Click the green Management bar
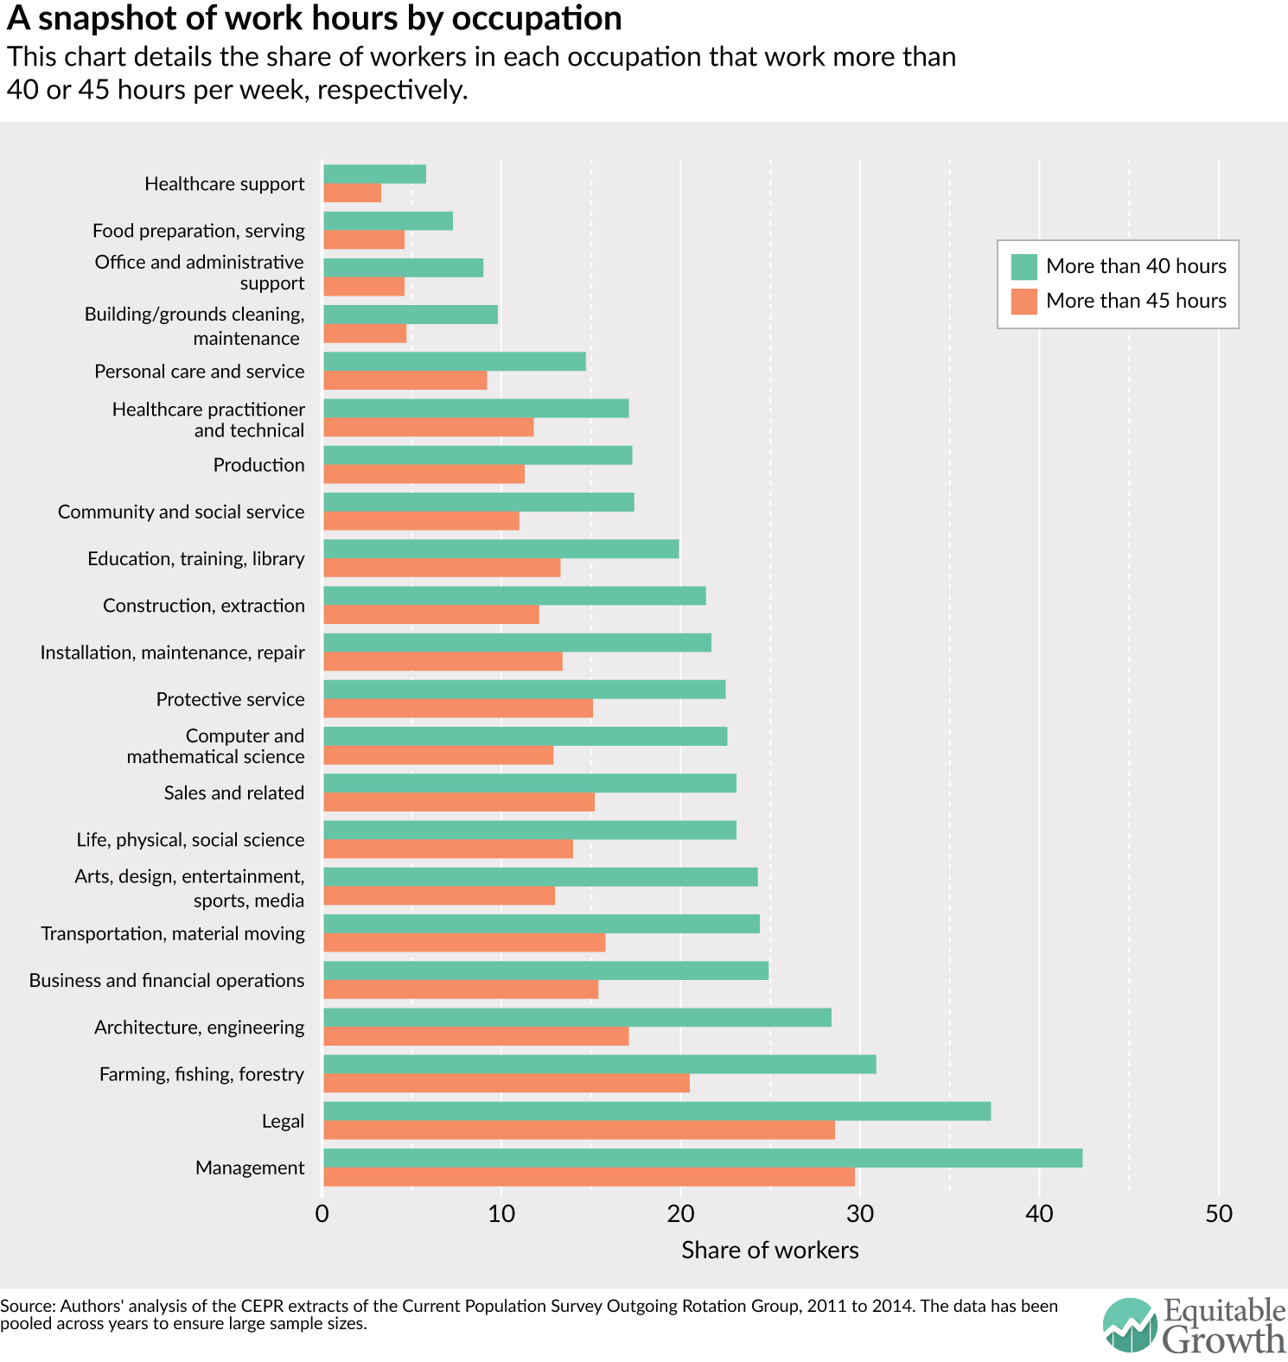702,1158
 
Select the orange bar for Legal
579,1130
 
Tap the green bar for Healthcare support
374,175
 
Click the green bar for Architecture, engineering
577,1017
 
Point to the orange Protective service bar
457,709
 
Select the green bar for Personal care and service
454,361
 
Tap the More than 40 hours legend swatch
1023,266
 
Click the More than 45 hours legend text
1136,301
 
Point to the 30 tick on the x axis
860,1214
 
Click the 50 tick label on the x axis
1219,1214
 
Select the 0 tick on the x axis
322,1214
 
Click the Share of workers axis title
769,1251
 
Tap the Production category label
258,465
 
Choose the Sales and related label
233,793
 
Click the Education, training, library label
195,559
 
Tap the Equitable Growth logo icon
1129,1325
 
